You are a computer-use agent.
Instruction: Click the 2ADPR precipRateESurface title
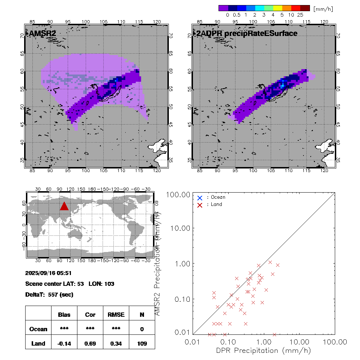[246, 33]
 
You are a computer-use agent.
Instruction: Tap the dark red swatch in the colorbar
[305, 8]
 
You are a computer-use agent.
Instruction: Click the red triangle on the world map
[64, 206]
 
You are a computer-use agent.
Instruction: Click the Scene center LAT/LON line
[70, 284]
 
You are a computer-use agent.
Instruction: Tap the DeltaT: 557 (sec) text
[49, 294]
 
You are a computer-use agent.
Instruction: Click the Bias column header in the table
[64, 315]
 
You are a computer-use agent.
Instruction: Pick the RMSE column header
[116, 315]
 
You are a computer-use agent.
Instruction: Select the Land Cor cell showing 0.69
[90, 343]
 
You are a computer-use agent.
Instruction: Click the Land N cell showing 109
[142, 343]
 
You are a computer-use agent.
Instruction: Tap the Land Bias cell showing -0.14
[64, 343]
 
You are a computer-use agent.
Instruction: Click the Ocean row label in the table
[38, 329]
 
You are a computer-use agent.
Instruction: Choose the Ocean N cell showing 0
[142, 329]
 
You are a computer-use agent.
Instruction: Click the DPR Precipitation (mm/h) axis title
[264, 350]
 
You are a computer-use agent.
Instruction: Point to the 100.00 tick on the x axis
[335, 341]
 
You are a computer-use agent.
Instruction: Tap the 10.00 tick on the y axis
[180, 228]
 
